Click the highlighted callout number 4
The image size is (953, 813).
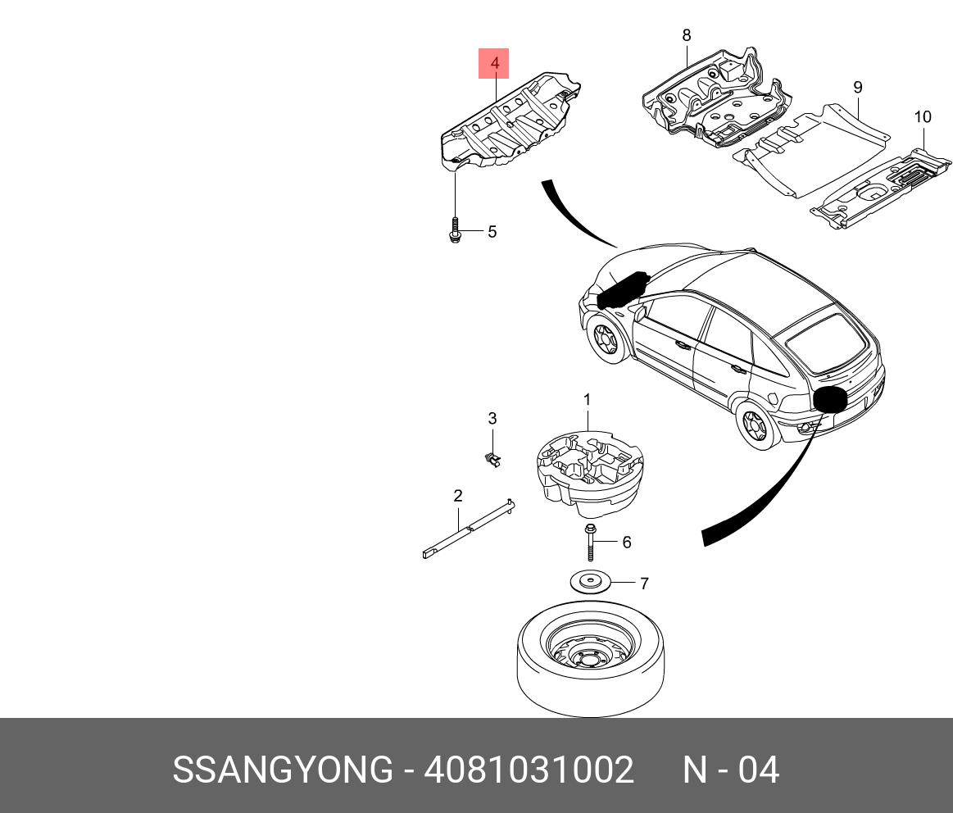click(x=494, y=63)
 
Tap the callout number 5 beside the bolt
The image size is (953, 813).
click(x=492, y=232)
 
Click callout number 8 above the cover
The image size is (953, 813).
click(x=686, y=35)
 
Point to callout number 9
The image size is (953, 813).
click(x=857, y=88)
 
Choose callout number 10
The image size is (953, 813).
click(x=923, y=117)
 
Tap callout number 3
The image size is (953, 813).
click(x=492, y=419)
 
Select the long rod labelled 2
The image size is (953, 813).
click(x=467, y=528)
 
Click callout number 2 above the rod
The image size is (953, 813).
click(x=458, y=496)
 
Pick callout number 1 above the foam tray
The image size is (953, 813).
click(x=587, y=399)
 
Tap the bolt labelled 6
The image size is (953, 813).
click(x=590, y=543)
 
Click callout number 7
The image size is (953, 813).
click(x=644, y=584)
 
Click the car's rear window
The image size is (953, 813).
click(x=815, y=338)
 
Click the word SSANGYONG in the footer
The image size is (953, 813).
click(x=282, y=770)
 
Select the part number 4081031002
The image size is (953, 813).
click(x=528, y=770)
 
